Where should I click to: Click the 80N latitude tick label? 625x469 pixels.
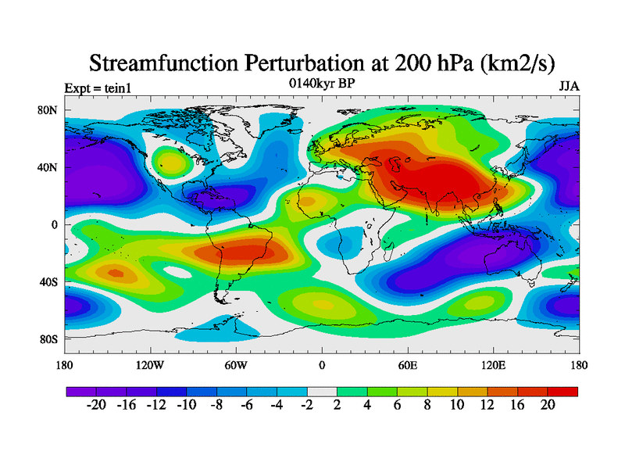coord(48,110)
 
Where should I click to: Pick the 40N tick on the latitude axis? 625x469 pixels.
coord(48,167)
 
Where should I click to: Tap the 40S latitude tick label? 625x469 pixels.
coord(48,281)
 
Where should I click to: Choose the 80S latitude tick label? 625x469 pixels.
coord(48,338)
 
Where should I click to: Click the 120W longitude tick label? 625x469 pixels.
coord(150,365)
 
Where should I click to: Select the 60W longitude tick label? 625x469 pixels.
coord(236,365)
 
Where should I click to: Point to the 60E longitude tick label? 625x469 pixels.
coord(408,365)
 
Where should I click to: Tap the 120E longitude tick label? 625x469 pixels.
coord(494,365)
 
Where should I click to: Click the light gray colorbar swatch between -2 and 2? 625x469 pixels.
coord(322,390)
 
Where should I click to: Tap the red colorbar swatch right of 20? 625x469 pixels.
coord(562,390)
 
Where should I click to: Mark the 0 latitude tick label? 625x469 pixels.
coord(55,224)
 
